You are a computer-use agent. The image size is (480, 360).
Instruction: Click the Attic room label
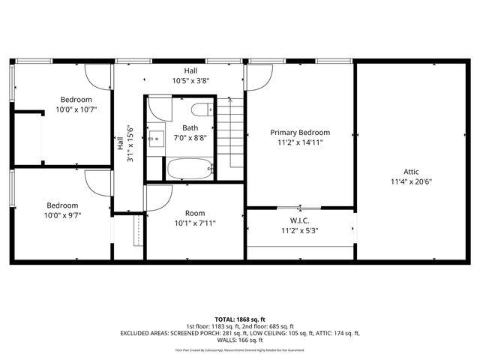pos(411,171)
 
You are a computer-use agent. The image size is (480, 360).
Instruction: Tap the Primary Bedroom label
pos(300,133)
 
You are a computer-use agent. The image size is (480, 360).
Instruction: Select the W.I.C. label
pos(300,221)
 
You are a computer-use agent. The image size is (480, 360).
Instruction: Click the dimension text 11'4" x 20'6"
pos(411,181)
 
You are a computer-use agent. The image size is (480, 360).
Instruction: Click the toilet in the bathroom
pos(201,111)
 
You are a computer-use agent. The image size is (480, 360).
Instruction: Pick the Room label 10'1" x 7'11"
pos(194,223)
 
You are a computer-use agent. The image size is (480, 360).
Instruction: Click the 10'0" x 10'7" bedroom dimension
pos(76,109)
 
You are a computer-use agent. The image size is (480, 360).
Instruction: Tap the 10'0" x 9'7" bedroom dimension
pos(62,216)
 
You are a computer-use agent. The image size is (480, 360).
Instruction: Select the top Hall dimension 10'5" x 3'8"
pos(180,80)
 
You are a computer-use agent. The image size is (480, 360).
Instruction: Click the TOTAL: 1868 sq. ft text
pos(240,319)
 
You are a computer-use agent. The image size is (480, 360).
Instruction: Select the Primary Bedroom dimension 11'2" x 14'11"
pos(300,142)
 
